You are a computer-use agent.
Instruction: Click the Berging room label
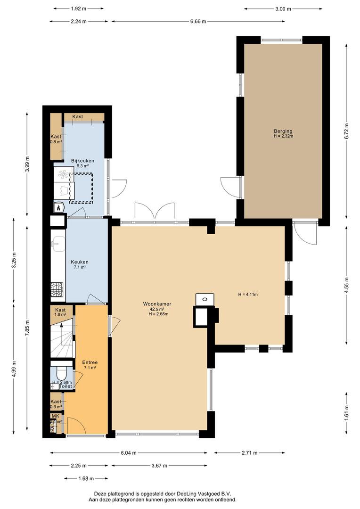[283, 131]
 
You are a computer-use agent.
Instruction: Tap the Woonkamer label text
[157, 304]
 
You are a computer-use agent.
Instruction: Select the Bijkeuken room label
[82, 161]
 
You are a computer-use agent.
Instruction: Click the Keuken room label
[80, 262]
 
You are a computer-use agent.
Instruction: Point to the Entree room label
[90, 362]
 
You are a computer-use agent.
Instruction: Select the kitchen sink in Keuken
[58, 243]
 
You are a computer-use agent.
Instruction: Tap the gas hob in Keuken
[57, 287]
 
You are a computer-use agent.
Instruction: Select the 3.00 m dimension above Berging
[283, 8]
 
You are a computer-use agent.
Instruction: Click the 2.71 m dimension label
[249, 453]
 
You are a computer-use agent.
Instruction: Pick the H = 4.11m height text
[248, 295]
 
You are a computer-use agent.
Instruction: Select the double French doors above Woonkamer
[154, 211]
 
